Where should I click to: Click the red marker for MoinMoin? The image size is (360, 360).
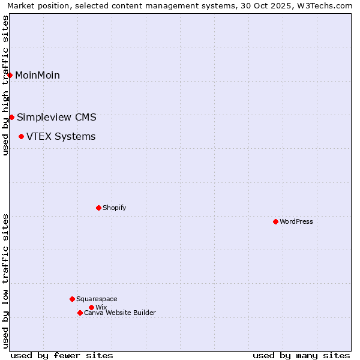tap(10, 75)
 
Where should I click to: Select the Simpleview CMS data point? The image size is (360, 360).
tap(11, 117)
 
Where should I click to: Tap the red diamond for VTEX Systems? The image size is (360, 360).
tap(21, 137)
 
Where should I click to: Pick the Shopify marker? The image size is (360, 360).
tap(98, 208)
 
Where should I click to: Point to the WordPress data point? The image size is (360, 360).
tap(275, 221)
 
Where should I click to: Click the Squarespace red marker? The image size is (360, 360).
tap(72, 299)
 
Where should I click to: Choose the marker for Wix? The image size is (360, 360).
tap(91, 307)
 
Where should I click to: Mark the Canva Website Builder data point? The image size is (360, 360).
tap(80, 313)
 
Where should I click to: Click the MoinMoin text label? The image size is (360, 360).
tap(37, 75)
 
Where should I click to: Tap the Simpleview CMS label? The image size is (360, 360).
tap(56, 117)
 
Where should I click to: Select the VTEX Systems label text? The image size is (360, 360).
tap(61, 137)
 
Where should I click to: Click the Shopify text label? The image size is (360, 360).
tap(114, 208)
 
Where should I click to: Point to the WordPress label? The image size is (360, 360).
tap(296, 221)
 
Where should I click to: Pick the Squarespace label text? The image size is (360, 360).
tap(97, 299)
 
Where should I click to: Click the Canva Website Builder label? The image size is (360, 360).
tap(119, 313)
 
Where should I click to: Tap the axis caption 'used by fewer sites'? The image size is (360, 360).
tap(62, 355)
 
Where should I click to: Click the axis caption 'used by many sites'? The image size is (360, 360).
tap(301, 355)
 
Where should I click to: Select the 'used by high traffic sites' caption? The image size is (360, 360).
tap(5, 85)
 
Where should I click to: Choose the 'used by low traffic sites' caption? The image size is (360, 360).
tap(5, 281)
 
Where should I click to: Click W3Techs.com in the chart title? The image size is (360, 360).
tap(328, 6)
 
